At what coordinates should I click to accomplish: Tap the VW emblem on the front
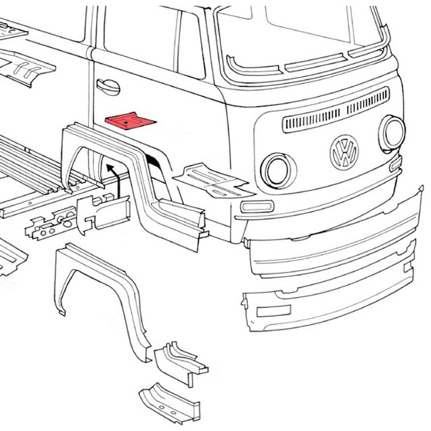pyautogui.click(x=344, y=152)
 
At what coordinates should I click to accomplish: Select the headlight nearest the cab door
pyautogui.click(x=275, y=169)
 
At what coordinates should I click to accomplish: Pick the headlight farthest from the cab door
pyautogui.click(x=392, y=132)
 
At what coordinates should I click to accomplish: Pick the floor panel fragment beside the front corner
pyautogui.click(x=210, y=177)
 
